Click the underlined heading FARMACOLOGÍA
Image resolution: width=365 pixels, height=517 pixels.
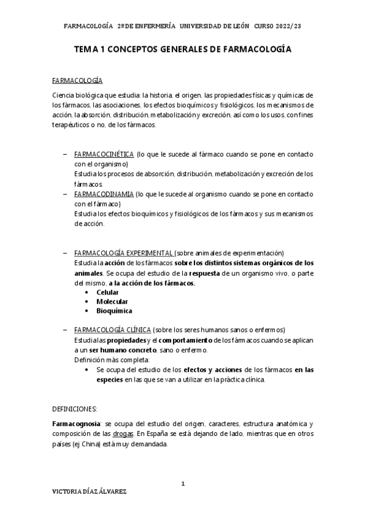pos(77,80)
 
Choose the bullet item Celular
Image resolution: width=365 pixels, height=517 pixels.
pos(107,293)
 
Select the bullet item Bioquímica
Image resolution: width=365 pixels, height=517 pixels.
pos(114,311)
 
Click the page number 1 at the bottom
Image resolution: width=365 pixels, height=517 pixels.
pos(182,485)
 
